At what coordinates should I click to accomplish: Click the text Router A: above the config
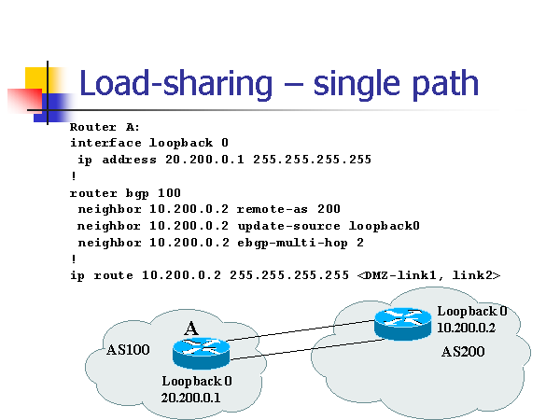pyautogui.click(x=105, y=127)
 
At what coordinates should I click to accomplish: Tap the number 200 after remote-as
pyautogui.click(x=329, y=209)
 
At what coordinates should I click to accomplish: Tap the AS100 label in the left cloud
pyautogui.click(x=127, y=351)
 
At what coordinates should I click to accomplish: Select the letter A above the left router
pyautogui.click(x=191, y=329)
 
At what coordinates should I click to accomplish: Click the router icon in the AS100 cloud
pyautogui.click(x=201, y=353)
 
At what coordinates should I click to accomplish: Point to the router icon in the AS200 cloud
pyautogui.click(x=403, y=323)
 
